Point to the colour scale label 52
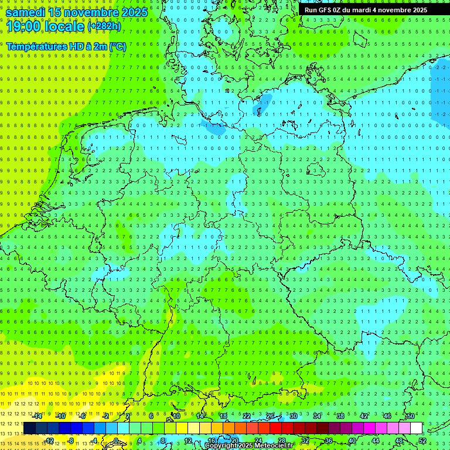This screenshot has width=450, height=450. click(x=422, y=441)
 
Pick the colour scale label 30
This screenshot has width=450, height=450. click(x=293, y=416)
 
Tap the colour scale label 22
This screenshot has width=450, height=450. click(x=246, y=416)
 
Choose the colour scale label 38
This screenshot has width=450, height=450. click(x=340, y=416)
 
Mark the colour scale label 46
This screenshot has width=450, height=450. click(x=387, y=416)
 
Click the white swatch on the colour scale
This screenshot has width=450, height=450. click(x=416, y=428)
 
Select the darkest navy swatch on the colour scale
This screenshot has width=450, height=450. click(x=29, y=428)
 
